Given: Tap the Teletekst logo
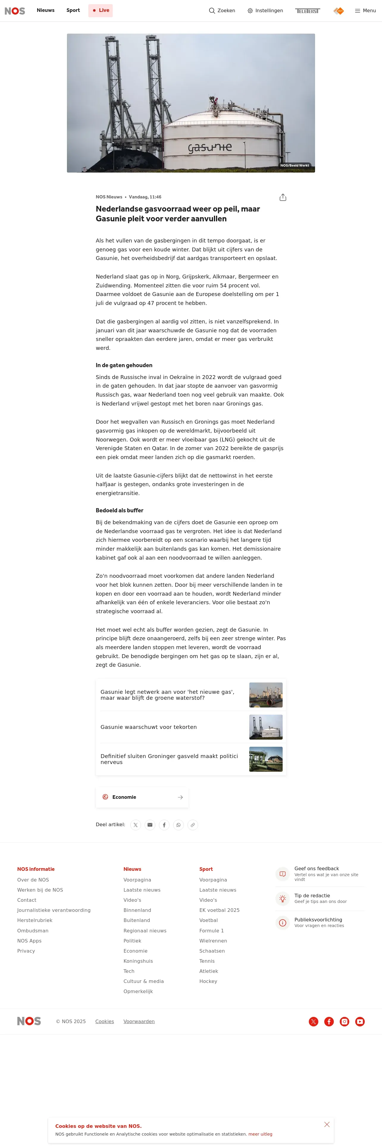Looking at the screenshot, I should [x=307, y=11].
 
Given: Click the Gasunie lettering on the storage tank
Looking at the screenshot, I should [x=209, y=147].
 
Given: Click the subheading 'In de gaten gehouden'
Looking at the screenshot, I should [x=124, y=365].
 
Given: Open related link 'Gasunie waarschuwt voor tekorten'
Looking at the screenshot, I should [x=148, y=727].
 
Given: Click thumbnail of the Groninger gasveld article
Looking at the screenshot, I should [x=265, y=759].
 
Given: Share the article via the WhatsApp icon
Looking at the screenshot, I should [x=178, y=825].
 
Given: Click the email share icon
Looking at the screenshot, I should [x=150, y=825].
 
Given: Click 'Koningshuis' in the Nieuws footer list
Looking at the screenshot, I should [x=138, y=961].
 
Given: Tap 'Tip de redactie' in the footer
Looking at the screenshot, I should [x=312, y=895].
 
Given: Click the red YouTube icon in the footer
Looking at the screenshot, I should [x=360, y=1021].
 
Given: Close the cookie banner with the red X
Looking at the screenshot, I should [x=327, y=1124].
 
